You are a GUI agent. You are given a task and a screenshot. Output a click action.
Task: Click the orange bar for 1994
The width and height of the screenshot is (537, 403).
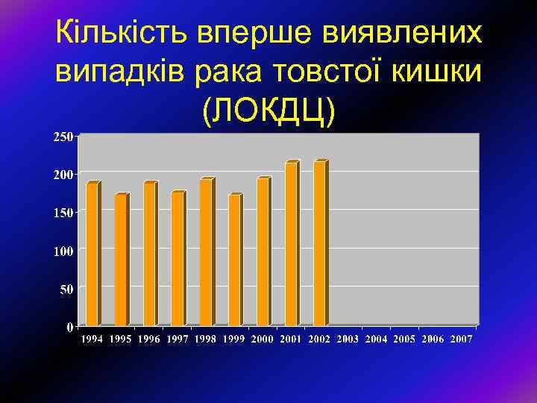[x=92, y=254]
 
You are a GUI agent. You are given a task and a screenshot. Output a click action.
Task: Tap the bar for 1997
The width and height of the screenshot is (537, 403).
[x=178, y=258]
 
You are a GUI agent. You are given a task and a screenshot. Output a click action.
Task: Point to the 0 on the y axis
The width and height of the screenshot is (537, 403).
[x=69, y=327]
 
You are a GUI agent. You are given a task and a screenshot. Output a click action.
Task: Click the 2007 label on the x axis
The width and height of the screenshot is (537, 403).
[x=461, y=339]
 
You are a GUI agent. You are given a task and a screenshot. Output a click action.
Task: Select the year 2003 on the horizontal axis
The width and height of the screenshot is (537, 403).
[x=348, y=339]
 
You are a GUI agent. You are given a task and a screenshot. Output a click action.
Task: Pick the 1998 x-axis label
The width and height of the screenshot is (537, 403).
[x=206, y=339]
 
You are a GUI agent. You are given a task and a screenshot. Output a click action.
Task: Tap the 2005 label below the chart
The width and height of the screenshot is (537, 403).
[x=404, y=339]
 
